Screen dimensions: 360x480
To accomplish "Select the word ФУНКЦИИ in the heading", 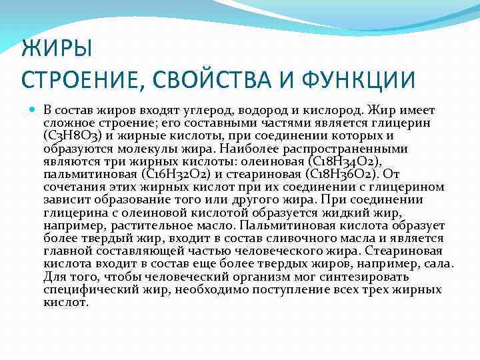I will (359, 80).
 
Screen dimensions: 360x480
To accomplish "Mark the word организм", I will (231, 277).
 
